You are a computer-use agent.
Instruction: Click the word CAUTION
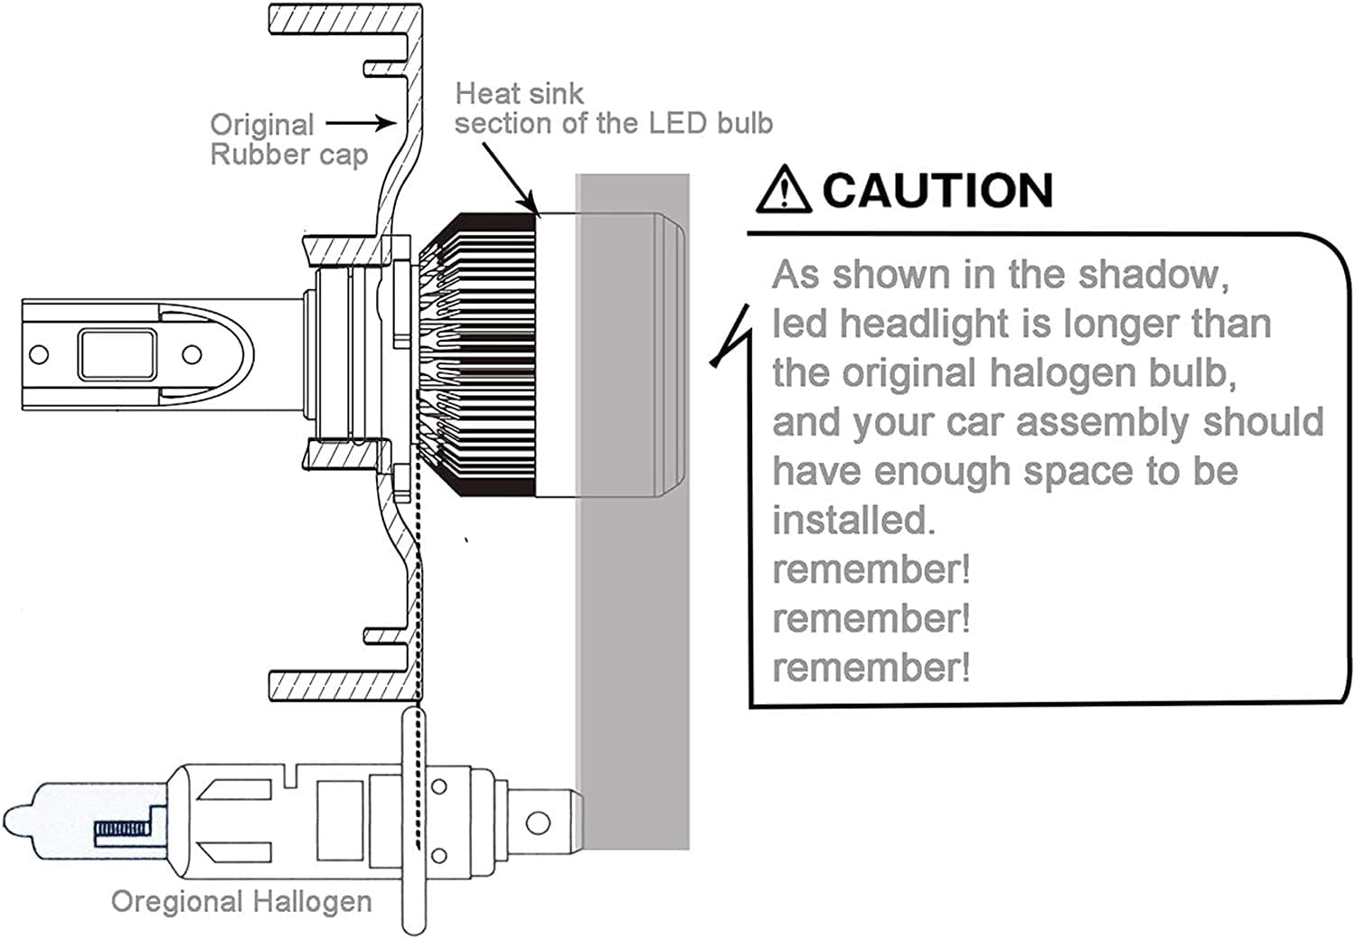(x=937, y=191)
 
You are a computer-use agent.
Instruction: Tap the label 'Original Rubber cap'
(x=288, y=139)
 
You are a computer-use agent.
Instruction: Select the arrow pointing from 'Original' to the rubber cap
(x=361, y=123)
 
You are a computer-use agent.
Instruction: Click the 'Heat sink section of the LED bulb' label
(x=613, y=108)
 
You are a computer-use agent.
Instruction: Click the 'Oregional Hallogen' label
(x=241, y=901)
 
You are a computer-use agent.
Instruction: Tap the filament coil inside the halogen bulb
(x=121, y=828)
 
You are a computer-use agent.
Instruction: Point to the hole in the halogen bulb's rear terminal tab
(x=538, y=823)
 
